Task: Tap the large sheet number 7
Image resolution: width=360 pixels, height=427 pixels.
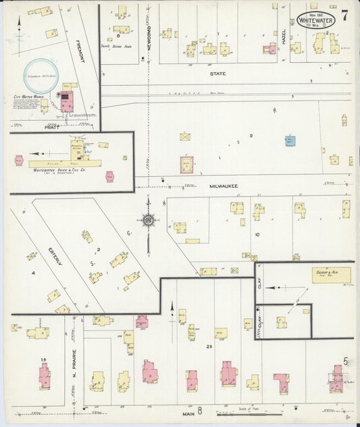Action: coord(344,16)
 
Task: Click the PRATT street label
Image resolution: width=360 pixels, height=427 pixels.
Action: coord(53,126)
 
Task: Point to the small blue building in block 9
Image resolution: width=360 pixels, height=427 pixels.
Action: coord(289,141)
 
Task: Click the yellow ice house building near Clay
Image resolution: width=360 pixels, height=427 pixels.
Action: coord(331,275)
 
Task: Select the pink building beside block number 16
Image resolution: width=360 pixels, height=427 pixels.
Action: coord(45,376)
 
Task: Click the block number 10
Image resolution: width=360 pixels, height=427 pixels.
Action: coord(257,234)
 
